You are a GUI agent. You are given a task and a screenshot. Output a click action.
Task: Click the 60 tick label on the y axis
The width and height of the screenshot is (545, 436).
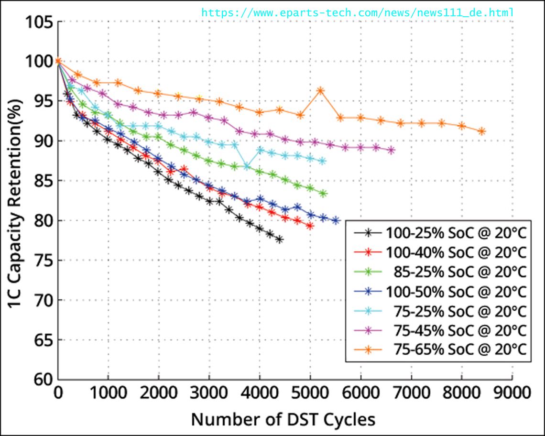pos(42,380)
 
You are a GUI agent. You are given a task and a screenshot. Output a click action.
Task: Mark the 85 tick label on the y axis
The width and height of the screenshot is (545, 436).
pos(42,181)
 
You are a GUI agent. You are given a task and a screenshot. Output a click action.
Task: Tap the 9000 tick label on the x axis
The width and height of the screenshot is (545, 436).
pos(512,393)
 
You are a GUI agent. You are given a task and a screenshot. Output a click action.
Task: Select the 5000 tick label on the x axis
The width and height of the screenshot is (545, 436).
pos(310,393)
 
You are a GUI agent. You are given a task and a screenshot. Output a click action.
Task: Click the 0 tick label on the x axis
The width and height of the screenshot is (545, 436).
pos(58,393)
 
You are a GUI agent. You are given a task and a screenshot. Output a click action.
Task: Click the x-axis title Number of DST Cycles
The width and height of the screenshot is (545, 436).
pos(283,419)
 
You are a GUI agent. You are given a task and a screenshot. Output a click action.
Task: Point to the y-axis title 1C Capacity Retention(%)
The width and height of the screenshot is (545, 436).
pos(15,201)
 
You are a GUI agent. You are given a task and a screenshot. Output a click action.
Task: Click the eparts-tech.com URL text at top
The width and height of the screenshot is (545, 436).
pos(358,12)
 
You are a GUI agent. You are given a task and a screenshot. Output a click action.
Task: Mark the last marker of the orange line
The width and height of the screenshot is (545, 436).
pos(482,131)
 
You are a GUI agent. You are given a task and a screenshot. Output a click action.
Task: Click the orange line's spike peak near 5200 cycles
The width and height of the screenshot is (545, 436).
pos(320,90)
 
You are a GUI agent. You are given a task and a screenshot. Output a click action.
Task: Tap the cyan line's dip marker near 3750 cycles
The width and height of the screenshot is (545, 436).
pos(247,167)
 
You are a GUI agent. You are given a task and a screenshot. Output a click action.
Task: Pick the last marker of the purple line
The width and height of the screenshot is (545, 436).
pos(391,150)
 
